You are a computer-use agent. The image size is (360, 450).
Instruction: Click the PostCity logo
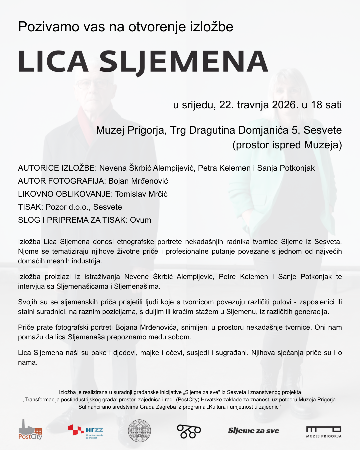(x=30, y=430)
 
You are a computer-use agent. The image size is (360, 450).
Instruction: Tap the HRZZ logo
(x=86, y=431)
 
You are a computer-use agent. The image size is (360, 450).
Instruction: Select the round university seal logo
(x=140, y=431)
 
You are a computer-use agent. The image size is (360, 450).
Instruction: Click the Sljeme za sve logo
(x=253, y=431)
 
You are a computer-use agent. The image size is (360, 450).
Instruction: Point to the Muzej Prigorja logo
(x=324, y=432)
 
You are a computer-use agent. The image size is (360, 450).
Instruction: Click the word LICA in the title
(x=53, y=62)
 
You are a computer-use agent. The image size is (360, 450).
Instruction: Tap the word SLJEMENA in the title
(x=184, y=62)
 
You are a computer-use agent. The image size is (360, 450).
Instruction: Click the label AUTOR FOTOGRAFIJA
(x=62, y=181)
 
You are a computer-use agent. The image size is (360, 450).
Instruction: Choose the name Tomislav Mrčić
(x=141, y=194)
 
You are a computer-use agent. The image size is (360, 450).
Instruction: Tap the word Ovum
(x=140, y=220)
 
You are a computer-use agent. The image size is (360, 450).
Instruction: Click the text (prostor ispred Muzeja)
(x=287, y=145)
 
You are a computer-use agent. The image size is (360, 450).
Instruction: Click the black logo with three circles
(x=189, y=431)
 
